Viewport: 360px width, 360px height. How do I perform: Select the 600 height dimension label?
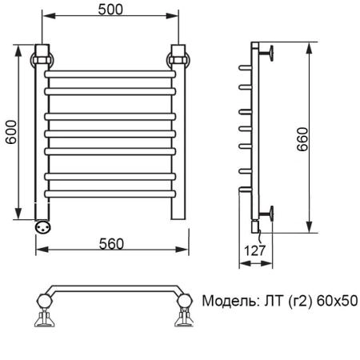click(9, 132)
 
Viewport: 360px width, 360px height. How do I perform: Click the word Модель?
click(228, 302)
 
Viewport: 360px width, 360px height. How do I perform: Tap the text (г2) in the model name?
click(295, 302)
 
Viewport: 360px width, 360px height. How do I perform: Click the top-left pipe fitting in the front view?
click(42, 58)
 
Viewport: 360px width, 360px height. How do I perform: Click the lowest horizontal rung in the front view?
click(110, 193)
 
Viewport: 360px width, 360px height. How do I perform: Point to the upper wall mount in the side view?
click(270, 54)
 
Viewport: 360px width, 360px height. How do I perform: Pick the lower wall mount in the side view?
click(270, 212)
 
